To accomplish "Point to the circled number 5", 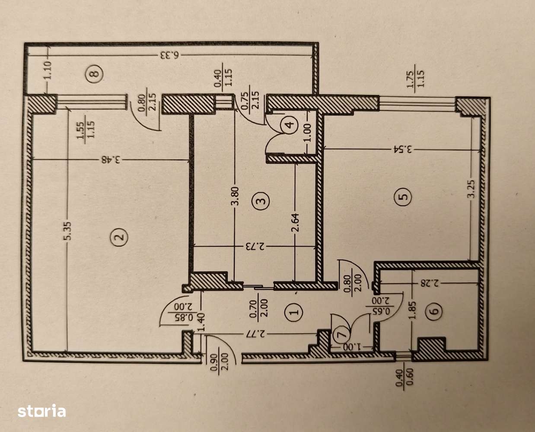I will (403, 197).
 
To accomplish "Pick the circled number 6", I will (435, 310).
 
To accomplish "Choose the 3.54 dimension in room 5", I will (403, 150).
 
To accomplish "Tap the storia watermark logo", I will (41, 410).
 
